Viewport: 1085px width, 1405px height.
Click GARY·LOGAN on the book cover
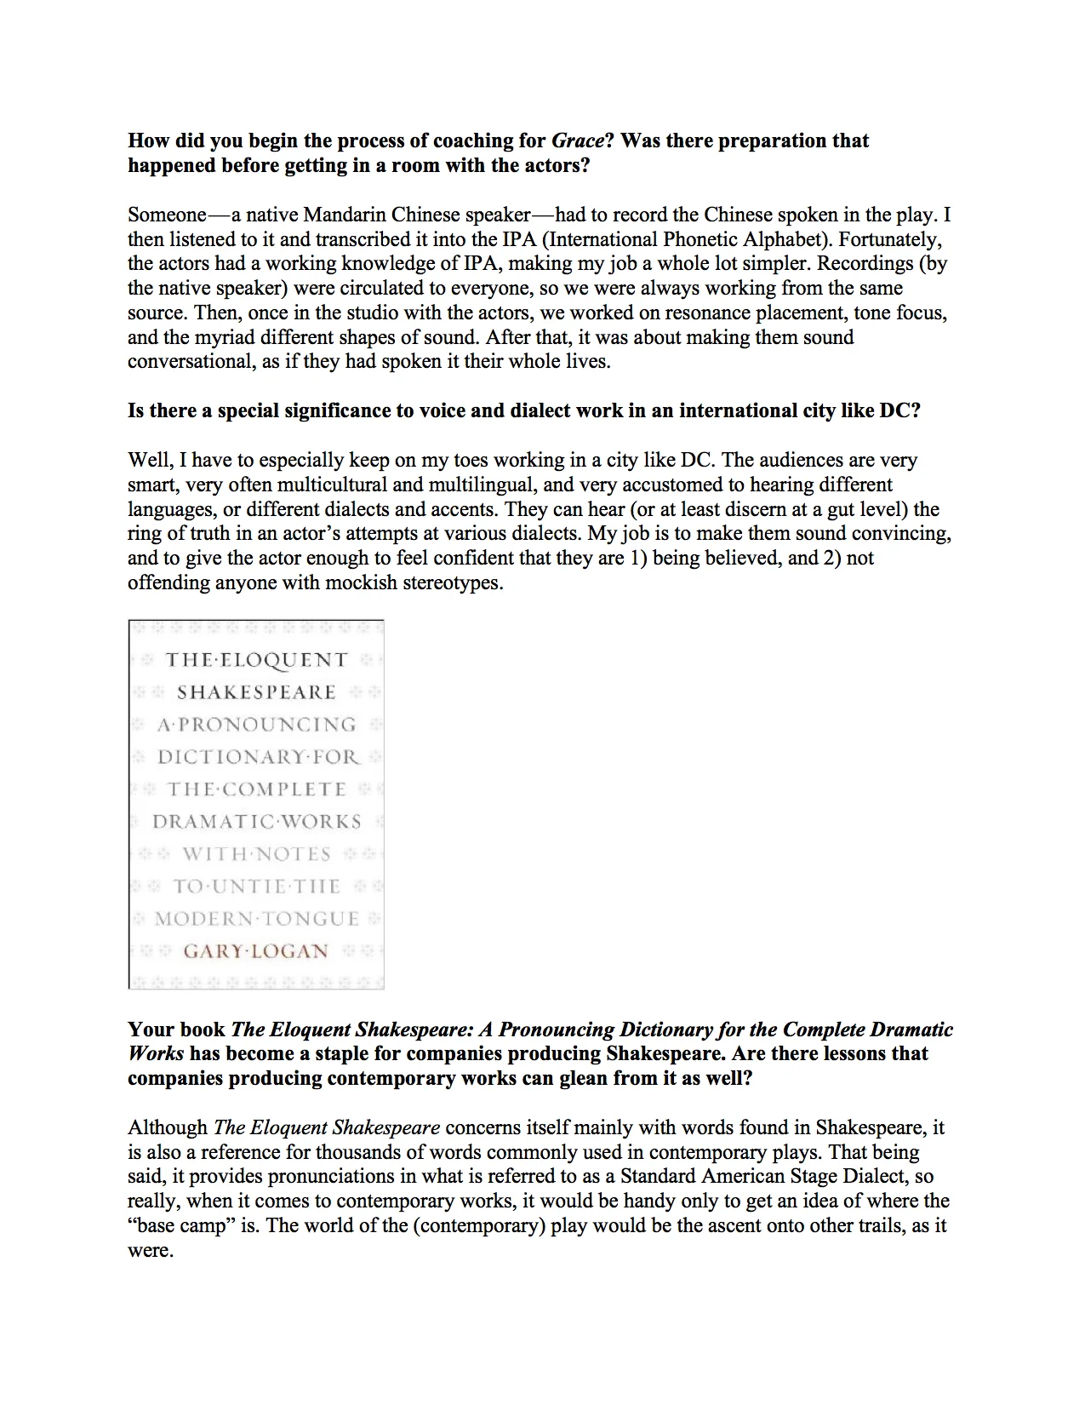click(x=255, y=951)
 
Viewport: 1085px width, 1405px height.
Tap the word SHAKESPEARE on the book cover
click(x=256, y=692)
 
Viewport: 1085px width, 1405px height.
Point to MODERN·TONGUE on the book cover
click(x=256, y=919)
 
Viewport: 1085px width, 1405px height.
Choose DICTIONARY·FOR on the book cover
click(x=258, y=757)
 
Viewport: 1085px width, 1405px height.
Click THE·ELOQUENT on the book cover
click(x=256, y=660)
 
